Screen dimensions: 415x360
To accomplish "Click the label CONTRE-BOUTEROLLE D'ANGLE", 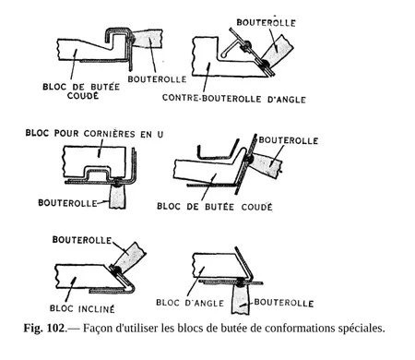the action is (234, 99).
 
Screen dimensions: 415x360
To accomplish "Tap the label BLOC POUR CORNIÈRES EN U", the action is (94, 134).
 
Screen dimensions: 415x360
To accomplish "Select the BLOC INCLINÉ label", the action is (82, 308).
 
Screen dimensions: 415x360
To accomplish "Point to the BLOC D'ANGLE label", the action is (190, 303).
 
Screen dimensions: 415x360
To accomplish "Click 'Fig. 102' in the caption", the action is (44, 328).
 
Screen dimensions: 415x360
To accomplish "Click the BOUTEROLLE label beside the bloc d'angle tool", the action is (284, 303).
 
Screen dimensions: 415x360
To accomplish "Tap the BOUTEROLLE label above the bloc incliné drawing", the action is (82, 240).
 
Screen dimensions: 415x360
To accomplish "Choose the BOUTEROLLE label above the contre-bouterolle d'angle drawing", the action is (267, 22).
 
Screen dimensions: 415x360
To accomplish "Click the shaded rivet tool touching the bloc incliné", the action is (128, 258).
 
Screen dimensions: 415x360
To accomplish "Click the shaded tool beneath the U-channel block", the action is (118, 196).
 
